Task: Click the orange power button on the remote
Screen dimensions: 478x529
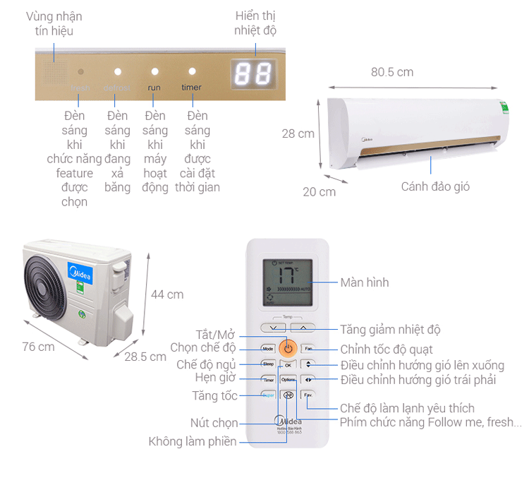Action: [288, 348]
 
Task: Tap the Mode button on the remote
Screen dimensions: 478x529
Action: [268, 349]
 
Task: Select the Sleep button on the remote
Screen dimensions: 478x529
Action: [268, 364]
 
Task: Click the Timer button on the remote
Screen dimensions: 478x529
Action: [268, 380]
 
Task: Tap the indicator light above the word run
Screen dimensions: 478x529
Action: [154, 72]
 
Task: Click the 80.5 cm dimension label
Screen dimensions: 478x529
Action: [392, 72]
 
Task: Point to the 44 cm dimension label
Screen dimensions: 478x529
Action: [167, 294]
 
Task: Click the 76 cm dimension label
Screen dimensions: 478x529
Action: [38, 347]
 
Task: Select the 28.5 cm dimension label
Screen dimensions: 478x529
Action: [145, 357]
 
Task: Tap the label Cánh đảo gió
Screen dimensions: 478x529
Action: [435, 187]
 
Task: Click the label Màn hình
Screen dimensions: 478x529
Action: [365, 282]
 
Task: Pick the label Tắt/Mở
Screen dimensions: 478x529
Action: [217, 333]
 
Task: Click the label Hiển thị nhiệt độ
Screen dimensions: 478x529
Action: [255, 23]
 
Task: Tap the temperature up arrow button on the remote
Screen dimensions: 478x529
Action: [303, 328]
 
